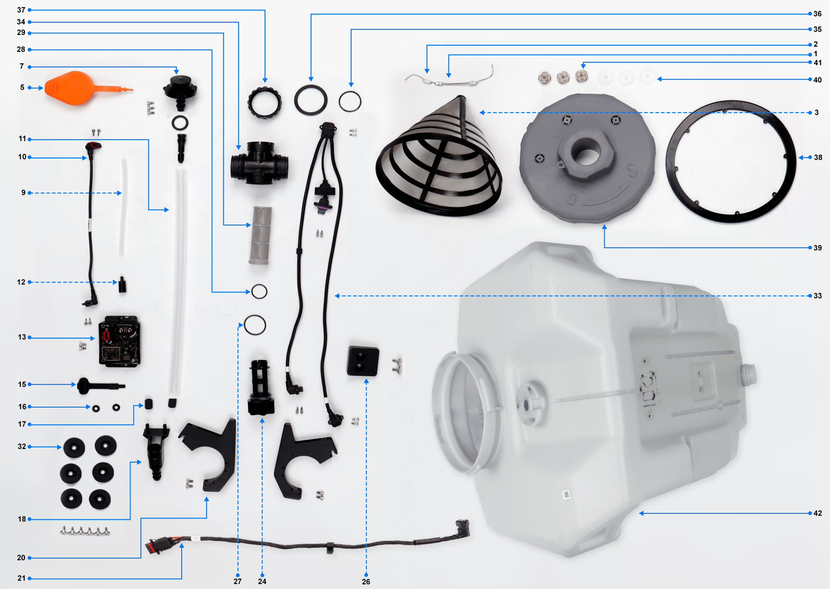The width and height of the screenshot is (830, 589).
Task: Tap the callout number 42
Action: (817, 513)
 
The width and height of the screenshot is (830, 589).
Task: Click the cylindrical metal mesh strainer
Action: (260, 236)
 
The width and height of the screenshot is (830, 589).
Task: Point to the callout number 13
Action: (22, 337)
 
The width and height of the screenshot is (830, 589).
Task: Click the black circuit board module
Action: (119, 341)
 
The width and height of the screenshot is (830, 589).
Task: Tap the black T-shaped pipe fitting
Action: (259, 163)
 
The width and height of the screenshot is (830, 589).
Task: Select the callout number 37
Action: (21, 10)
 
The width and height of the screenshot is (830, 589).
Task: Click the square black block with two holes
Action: (363, 361)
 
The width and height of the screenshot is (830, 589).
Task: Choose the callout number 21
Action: (21, 578)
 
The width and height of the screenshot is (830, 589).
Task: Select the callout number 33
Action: (818, 295)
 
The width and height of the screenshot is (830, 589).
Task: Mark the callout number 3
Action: (817, 112)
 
